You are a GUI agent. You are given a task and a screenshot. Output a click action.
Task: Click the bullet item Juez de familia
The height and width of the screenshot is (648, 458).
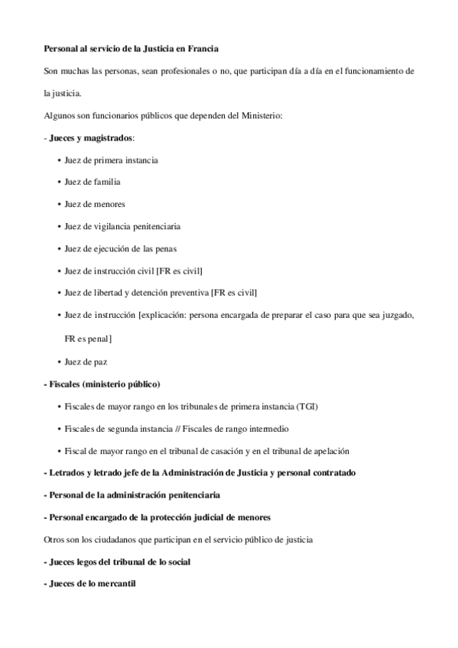pyautogui.click(x=93, y=183)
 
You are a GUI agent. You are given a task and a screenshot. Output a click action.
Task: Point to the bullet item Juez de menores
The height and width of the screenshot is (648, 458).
pyautogui.click(x=95, y=205)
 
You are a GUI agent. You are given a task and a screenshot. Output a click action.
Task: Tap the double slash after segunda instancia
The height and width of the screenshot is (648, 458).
pyautogui.click(x=177, y=428)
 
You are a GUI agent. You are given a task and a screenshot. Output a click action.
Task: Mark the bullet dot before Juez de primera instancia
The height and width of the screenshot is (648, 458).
pyautogui.click(x=60, y=160)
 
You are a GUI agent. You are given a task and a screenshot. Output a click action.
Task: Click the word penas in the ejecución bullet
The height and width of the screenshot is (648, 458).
pyautogui.click(x=167, y=249)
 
